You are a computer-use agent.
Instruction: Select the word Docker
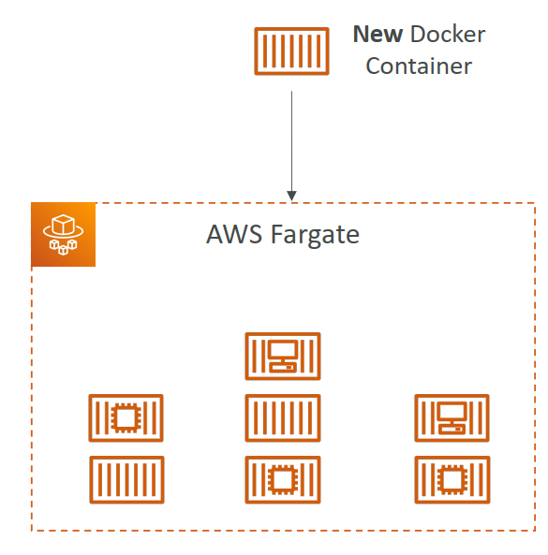pyautogui.click(x=449, y=35)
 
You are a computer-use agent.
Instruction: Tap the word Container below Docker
pyautogui.click(x=419, y=66)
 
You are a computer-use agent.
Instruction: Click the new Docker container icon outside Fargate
pyautogui.click(x=292, y=51)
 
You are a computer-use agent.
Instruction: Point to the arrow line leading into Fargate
pyautogui.click(x=292, y=140)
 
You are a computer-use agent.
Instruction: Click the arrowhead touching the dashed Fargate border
pyautogui.click(x=292, y=196)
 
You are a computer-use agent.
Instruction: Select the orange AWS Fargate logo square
pyautogui.click(x=64, y=235)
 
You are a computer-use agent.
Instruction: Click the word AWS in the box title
pyautogui.click(x=230, y=234)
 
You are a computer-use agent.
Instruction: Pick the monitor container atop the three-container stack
pyautogui.click(x=282, y=356)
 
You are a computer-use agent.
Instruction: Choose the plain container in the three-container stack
pyautogui.click(x=282, y=417)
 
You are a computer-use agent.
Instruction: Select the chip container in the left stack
pyautogui.click(x=126, y=417)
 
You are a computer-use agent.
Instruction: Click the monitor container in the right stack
pyautogui.click(x=452, y=417)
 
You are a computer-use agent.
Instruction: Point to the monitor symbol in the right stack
pyautogui.click(x=452, y=416)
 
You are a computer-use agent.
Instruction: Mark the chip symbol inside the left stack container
pyautogui.click(x=126, y=417)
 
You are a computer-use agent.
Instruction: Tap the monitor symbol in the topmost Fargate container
pyautogui.click(x=282, y=355)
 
